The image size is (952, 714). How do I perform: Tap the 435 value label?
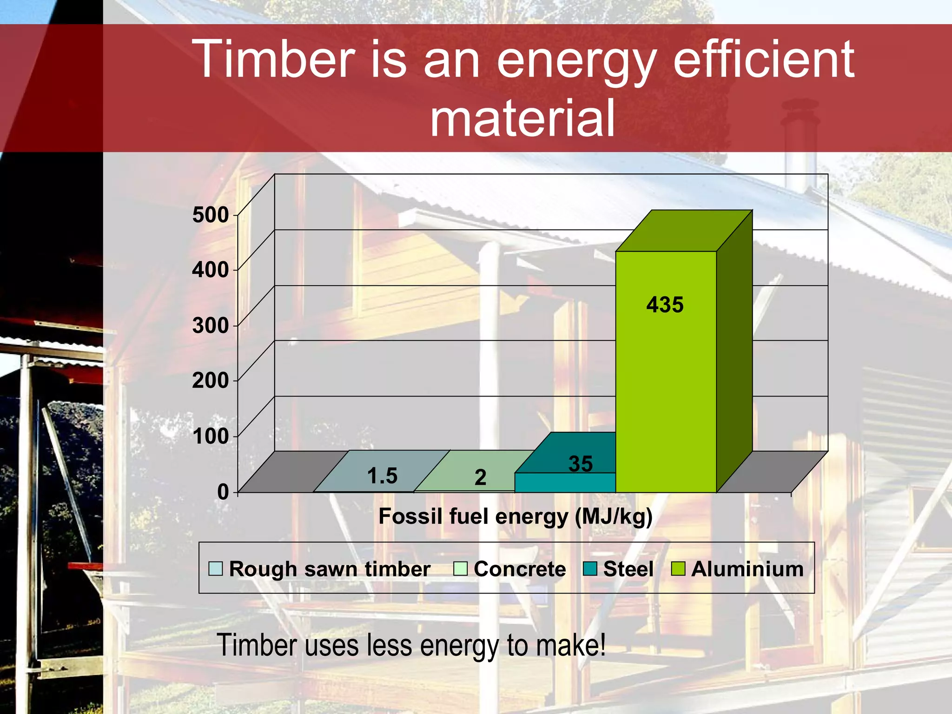pos(665,305)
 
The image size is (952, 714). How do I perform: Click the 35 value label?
pos(581,464)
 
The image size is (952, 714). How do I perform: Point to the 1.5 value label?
pos(382,476)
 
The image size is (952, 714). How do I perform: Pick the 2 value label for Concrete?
pos(480,478)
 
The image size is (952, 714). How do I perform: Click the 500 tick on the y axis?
pos(211,215)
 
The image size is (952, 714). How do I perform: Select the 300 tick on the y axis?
pos(211,325)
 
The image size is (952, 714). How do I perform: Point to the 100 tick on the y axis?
pos(211,436)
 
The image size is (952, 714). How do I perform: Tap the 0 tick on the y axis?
pos(223,492)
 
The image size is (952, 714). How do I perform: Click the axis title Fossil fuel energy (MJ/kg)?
pos(515,516)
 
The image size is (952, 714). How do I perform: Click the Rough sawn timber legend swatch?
pos(216,569)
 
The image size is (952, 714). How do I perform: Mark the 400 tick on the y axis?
pos(211,270)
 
